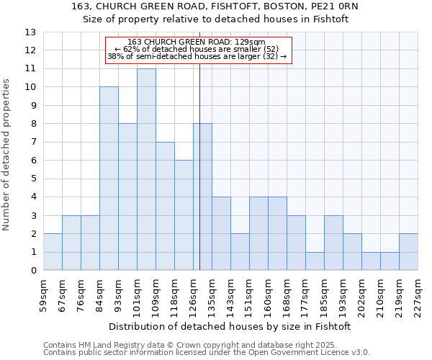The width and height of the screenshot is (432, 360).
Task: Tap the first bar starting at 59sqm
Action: coord(53,252)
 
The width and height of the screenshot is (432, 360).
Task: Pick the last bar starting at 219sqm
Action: coord(408,252)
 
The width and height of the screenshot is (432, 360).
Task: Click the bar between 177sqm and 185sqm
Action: coord(315,261)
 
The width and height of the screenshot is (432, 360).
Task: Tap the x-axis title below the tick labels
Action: coord(230,326)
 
